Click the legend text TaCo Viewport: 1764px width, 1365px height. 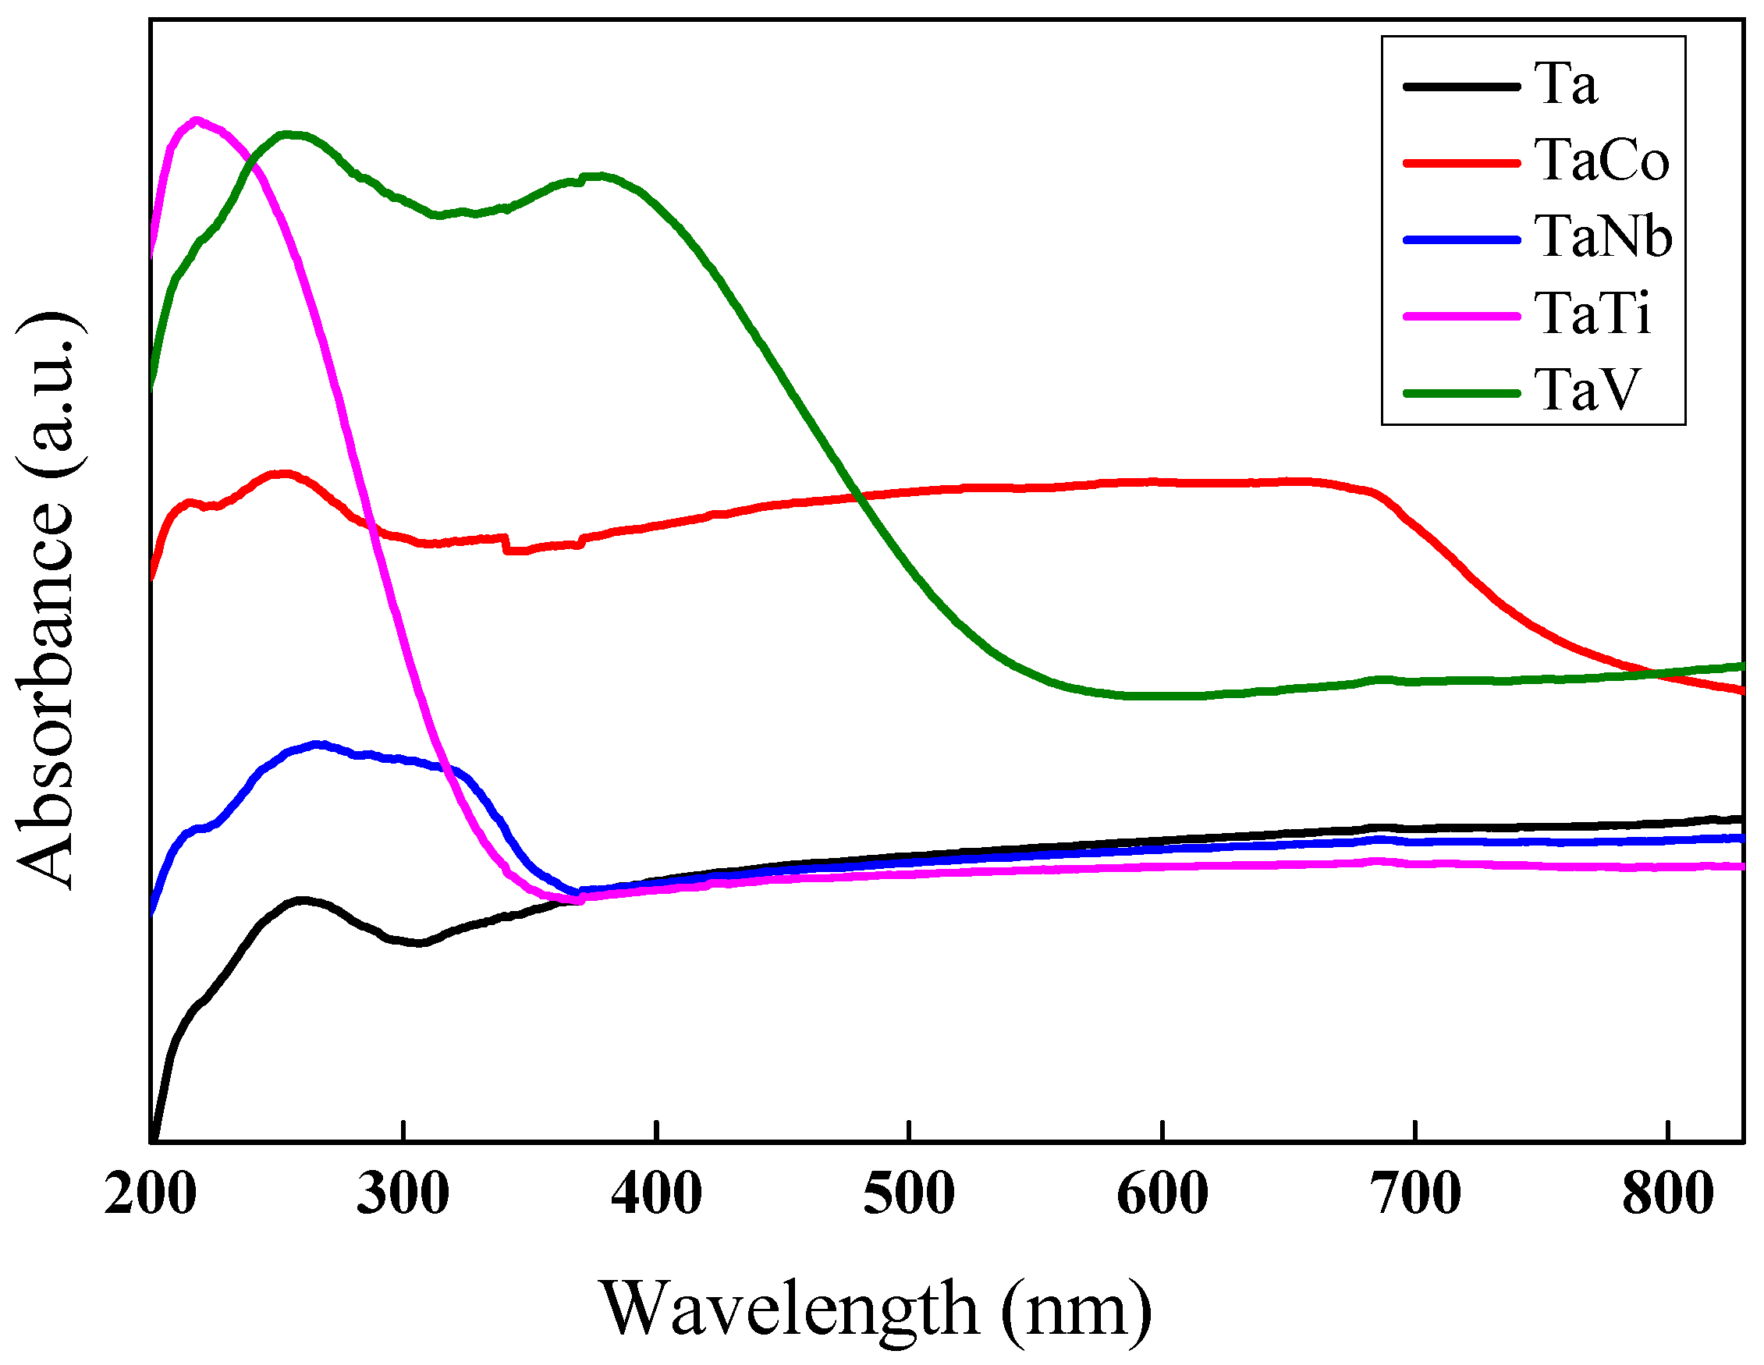tap(1601, 160)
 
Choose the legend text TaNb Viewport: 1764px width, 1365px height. tap(1603, 236)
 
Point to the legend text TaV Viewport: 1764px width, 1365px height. tap(1587, 390)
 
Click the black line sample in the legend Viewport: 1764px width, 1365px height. tap(1462, 86)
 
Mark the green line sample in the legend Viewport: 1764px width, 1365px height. tap(1462, 393)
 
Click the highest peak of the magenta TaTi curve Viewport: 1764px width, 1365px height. tap(197, 121)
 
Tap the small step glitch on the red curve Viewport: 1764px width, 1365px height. tap(506, 544)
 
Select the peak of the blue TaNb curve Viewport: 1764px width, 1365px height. tap(317, 744)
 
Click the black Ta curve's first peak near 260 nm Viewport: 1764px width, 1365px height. tap(302, 900)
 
